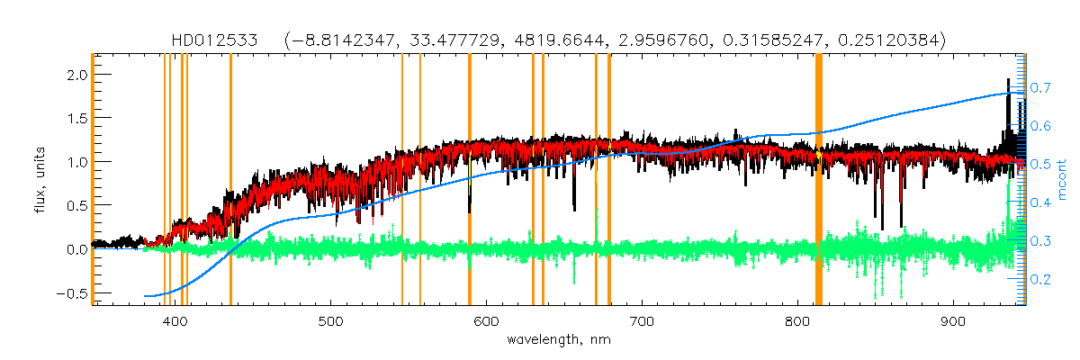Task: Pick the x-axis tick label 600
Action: click(486, 321)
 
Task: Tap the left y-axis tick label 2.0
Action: click(76, 75)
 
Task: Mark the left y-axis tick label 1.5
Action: click(76, 119)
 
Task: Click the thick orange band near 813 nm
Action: click(819, 180)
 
